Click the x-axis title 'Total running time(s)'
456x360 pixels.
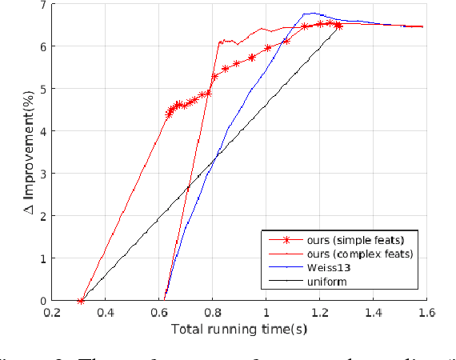[239, 329]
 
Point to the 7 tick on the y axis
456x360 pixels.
[43, 5]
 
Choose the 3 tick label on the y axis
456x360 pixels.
[43, 174]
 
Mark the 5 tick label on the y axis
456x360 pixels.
[43, 90]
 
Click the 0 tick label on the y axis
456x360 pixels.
[43, 301]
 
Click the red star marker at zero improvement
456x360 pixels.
[80, 301]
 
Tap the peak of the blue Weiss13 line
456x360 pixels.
[309, 13]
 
